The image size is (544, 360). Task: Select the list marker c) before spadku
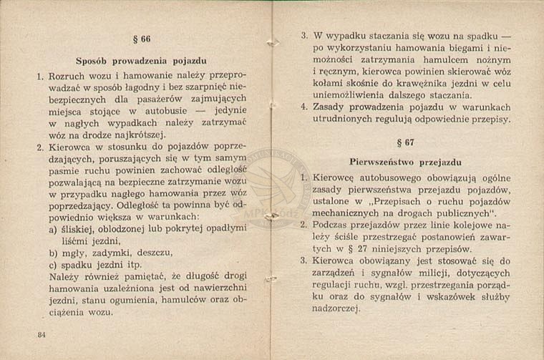click(54, 264)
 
